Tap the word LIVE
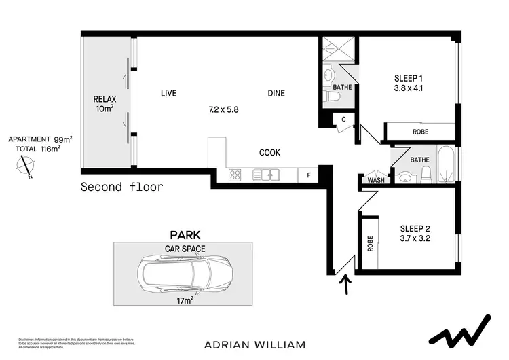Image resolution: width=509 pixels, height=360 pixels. click(x=168, y=94)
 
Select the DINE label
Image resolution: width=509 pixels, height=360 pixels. click(x=276, y=94)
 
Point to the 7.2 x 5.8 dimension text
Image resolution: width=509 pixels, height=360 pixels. click(x=223, y=108)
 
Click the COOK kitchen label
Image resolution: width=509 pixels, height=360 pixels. click(x=269, y=153)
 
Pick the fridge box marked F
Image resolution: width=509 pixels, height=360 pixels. click(x=309, y=175)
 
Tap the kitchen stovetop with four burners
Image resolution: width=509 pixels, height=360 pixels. click(x=235, y=175)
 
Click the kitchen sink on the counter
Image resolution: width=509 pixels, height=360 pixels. click(x=265, y=175)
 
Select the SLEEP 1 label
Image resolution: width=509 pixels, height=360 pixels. click(x=406, y=77)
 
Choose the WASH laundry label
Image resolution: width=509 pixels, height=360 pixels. click(x=375, y=180)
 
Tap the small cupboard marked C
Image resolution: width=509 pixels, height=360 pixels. click(x=344, y=120)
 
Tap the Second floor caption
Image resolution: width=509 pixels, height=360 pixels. click(x=121, y=187)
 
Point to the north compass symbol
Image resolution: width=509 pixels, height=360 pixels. click(x=26, y=166)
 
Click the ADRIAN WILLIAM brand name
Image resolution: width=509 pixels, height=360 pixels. click(x=254, y=344)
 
